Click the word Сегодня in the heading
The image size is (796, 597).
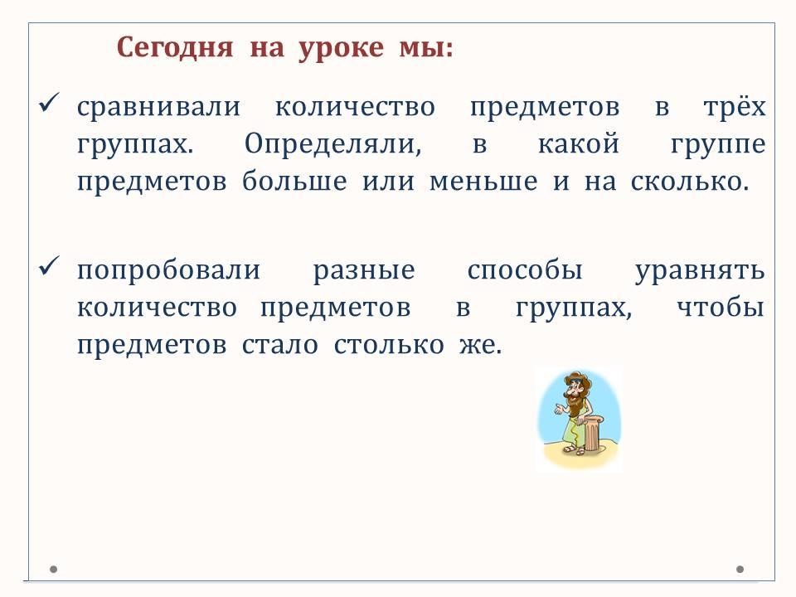[175, 49]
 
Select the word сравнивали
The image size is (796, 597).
[159, 107]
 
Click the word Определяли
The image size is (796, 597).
[333, 143]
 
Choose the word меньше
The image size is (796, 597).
[483, 182]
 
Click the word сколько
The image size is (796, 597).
[690, 182]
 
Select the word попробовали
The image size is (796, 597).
[168, 270]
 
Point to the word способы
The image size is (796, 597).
[524, 270]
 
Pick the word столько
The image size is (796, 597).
[389, 345]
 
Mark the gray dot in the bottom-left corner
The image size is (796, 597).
[53, 570]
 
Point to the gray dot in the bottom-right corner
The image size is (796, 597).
[740, 570]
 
